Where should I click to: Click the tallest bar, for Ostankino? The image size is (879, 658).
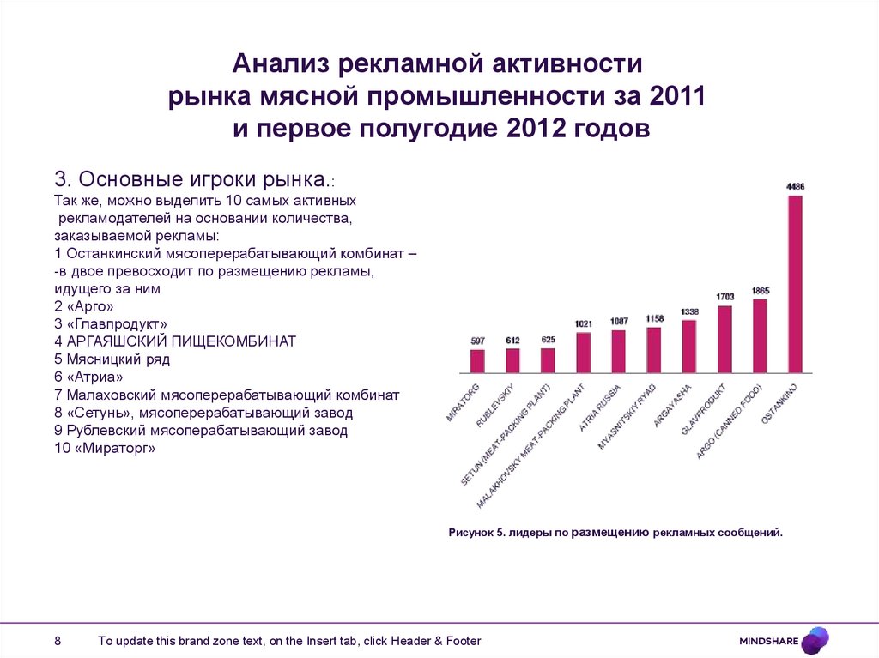tap(795, 283)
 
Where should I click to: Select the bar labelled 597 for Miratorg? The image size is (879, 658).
tap(477, 360)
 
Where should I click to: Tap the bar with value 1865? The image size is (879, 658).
tap(760, 335)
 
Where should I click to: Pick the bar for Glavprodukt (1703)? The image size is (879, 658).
tap(724, 338)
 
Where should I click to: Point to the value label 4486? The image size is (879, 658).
tap(795, 186)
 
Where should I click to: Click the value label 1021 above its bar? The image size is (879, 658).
tap(584, 323)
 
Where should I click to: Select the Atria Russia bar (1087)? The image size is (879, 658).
tap(619, 351)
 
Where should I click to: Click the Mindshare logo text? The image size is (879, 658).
tap(769, 641)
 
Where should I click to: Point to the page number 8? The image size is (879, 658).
tap(58, 641)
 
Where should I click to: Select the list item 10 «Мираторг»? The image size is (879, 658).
tap(104, 448)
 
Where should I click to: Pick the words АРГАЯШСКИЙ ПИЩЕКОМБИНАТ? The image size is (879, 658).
tap(180, 341)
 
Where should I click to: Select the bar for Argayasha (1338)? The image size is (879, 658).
tap(689, 346)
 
